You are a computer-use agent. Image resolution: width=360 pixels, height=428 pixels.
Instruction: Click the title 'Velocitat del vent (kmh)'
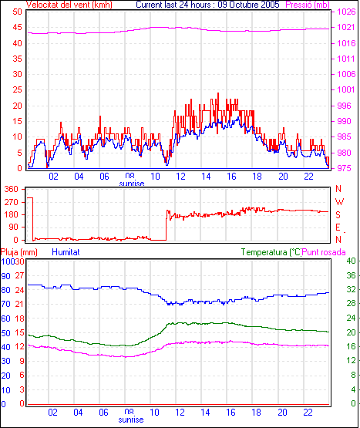pos(69,5)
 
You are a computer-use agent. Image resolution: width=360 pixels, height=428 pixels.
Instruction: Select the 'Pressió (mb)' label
pos(308,5)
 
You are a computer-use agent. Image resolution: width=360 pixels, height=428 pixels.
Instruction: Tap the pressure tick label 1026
pos(346,12)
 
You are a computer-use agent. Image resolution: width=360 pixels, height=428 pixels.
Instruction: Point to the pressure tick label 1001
pos(346,89)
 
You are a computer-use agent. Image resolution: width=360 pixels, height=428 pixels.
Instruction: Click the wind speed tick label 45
pos(17,27)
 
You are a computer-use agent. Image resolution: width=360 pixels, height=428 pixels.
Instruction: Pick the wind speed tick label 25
pos(17,89)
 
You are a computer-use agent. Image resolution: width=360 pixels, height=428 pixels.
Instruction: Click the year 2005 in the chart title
pos(270,5)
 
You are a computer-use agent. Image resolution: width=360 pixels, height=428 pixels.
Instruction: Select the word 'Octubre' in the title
pos(244,5)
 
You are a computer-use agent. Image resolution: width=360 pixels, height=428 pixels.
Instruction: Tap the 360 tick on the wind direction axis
pos(12,189)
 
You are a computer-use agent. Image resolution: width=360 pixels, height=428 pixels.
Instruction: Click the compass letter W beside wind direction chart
pos(339,202)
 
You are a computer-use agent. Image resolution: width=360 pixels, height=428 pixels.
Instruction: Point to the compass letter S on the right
pos(338,215)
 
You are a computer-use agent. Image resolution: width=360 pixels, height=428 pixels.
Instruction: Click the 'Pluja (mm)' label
pos(19,252)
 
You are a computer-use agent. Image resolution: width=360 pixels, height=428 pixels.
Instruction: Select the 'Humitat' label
pos(66,252)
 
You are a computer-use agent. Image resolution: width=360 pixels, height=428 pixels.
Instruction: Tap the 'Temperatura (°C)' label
pos(271,252)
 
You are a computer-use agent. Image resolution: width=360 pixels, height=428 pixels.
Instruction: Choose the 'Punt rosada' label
pos(324,252)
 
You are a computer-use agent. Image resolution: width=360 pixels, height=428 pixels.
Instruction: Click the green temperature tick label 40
pos(351,261)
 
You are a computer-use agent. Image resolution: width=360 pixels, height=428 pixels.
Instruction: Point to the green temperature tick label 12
pos(351,361)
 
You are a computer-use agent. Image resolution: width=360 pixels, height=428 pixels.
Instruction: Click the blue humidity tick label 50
pos(5,333)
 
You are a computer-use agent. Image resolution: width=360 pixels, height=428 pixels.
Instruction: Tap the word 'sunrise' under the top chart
pos(132,184)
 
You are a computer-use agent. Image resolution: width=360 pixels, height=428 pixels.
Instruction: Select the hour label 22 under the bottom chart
pos(308,412)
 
